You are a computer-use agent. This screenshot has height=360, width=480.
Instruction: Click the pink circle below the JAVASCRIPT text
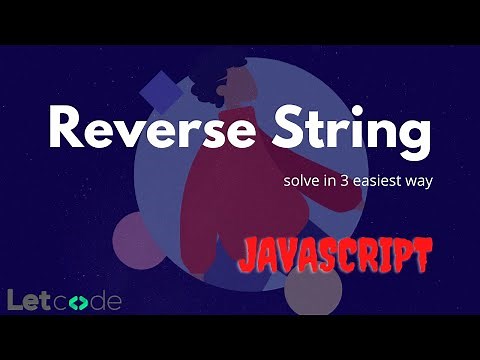(x=313, y=290)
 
